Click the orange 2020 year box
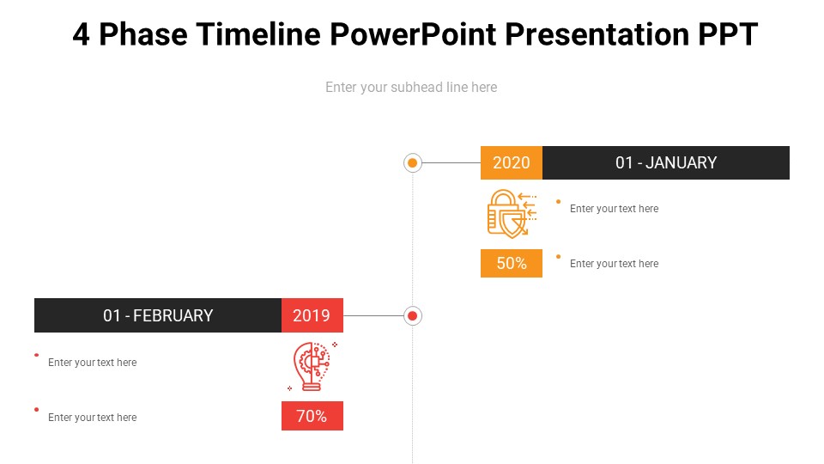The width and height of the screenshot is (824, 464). (512, 162)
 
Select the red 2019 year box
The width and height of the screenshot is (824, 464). (312, 315)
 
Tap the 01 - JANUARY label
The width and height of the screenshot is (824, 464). (666, 162)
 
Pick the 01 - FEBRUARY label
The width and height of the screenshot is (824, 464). (158, 315)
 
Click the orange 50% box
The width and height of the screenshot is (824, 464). (512, 263)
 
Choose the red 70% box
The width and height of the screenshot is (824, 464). (312, 416)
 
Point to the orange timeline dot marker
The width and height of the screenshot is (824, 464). (413, 163)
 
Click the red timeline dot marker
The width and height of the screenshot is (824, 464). (413, 315)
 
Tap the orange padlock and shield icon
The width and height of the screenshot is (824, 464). (512, 214)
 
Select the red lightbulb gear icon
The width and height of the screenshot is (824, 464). (312, 366)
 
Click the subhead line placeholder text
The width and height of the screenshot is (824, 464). (411, 87)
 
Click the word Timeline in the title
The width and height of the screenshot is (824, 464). (258, 34)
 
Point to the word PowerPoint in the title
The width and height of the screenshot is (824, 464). (413, 34)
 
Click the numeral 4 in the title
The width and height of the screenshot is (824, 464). (81, 34)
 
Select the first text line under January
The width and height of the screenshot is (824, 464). (614, 208)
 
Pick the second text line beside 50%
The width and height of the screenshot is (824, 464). (614, 263)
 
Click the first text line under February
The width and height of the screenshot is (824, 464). (92, 362)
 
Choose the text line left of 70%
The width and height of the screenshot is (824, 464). (92, 418)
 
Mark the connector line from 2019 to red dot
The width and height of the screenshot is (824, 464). (373, 315)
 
